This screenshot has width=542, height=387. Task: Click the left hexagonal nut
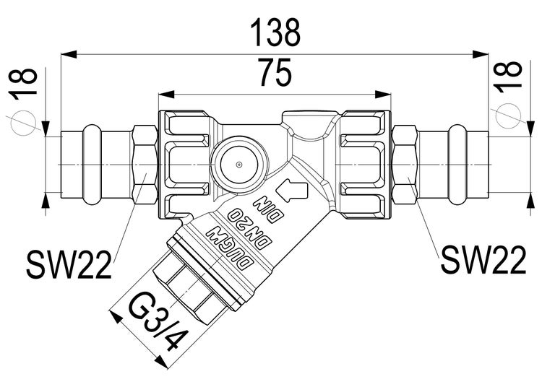coord(145,165)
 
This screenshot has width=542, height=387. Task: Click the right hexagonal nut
coord(405,165)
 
